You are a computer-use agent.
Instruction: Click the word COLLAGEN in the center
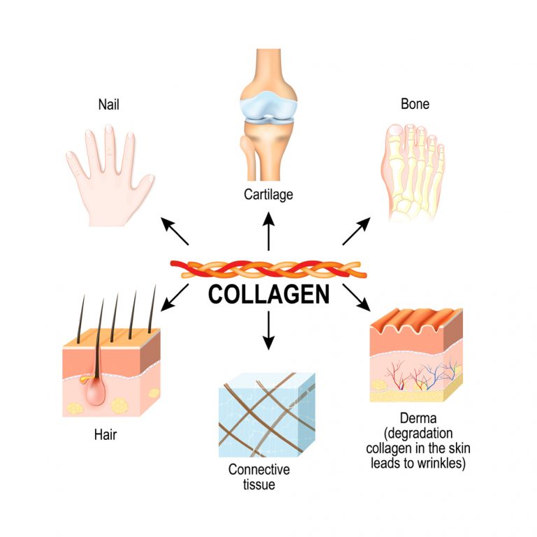pyautogui.click(x=268, y=295)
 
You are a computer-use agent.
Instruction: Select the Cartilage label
pyautogui.click(x=268, y=194)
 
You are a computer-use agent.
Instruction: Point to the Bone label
pyautogui.click(x=415, y=105)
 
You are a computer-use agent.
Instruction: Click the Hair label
pyautogui.click(x=105, y=435)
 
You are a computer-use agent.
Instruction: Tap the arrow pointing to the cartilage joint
pyautogui.click(x=268, y=231)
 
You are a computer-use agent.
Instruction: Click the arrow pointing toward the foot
pyautogui.click(x=357, y=231)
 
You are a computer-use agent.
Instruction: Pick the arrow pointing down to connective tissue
pyautogui.click(x=268, y=332)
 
